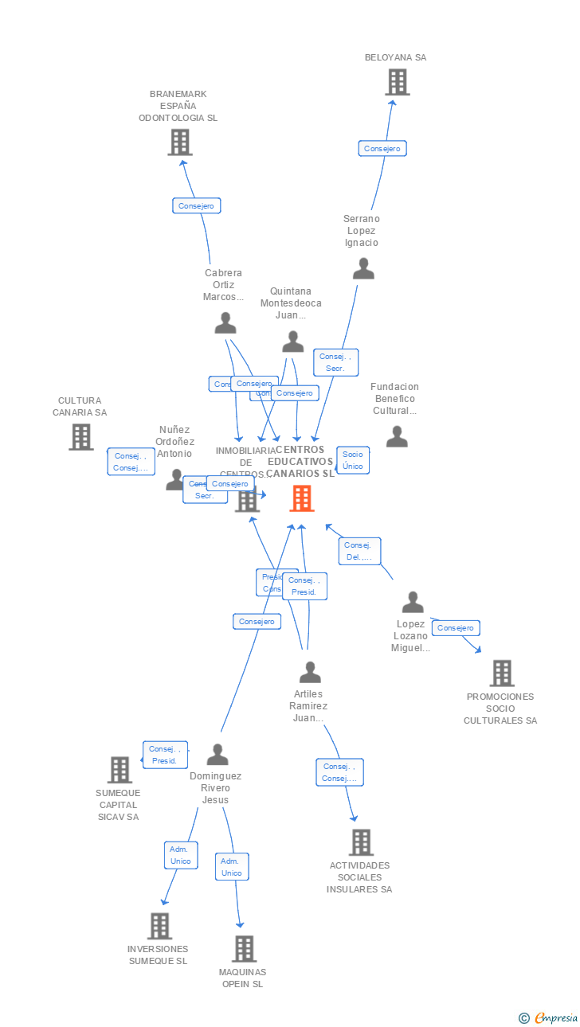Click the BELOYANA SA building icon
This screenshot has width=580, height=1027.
coord(397,82)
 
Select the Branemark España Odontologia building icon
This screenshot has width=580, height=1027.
coord(181,143)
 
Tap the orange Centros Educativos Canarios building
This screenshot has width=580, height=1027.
coord(301,498)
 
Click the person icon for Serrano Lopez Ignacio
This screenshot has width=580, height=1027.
coord(363,269)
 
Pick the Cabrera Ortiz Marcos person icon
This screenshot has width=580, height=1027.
coord(225,323)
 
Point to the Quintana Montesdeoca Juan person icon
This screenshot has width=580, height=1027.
coord(293,342)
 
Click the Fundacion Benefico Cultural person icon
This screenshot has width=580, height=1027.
coord(397,437)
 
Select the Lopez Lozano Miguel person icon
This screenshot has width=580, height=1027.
coord(413,603)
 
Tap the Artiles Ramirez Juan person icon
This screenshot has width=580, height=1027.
coord(310,673)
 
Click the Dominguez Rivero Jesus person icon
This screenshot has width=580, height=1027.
coord(217,755)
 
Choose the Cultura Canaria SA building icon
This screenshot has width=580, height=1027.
coord(80,437)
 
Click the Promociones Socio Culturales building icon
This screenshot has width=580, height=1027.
coord(501,674)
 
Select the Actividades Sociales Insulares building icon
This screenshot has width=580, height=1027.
coord(361,842)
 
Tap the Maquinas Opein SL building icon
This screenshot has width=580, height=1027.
coord(244,949)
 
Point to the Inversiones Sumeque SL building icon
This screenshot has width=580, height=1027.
coord(159,926)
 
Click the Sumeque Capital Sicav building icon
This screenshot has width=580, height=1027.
coord(120,770)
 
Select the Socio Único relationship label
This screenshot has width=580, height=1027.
coord(352,460)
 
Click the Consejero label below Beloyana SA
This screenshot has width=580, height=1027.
coord(382,148)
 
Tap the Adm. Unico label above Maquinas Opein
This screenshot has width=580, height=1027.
coord(232,867)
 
